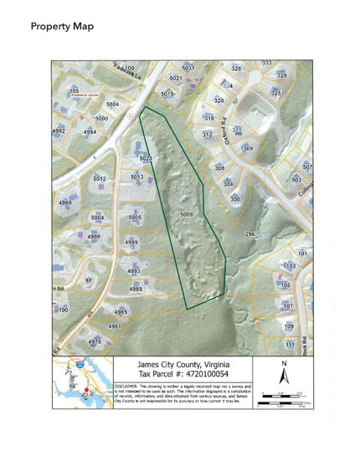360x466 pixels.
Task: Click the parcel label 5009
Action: (x=186, y=215)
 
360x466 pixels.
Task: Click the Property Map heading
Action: (x=62, y=26)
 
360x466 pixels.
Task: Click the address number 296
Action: (x=249, y=234)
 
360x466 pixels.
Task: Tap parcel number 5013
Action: (x=138, y=177)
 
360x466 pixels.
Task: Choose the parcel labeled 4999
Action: (x=131, y=243)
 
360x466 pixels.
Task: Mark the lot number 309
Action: (x=248, y=148)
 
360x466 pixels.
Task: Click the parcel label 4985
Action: (x=121, y=311)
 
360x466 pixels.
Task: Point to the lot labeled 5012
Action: (x=100, y=178)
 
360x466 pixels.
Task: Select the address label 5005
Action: (x=135, y=218)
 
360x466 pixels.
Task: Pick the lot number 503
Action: (x=296, y=179)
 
